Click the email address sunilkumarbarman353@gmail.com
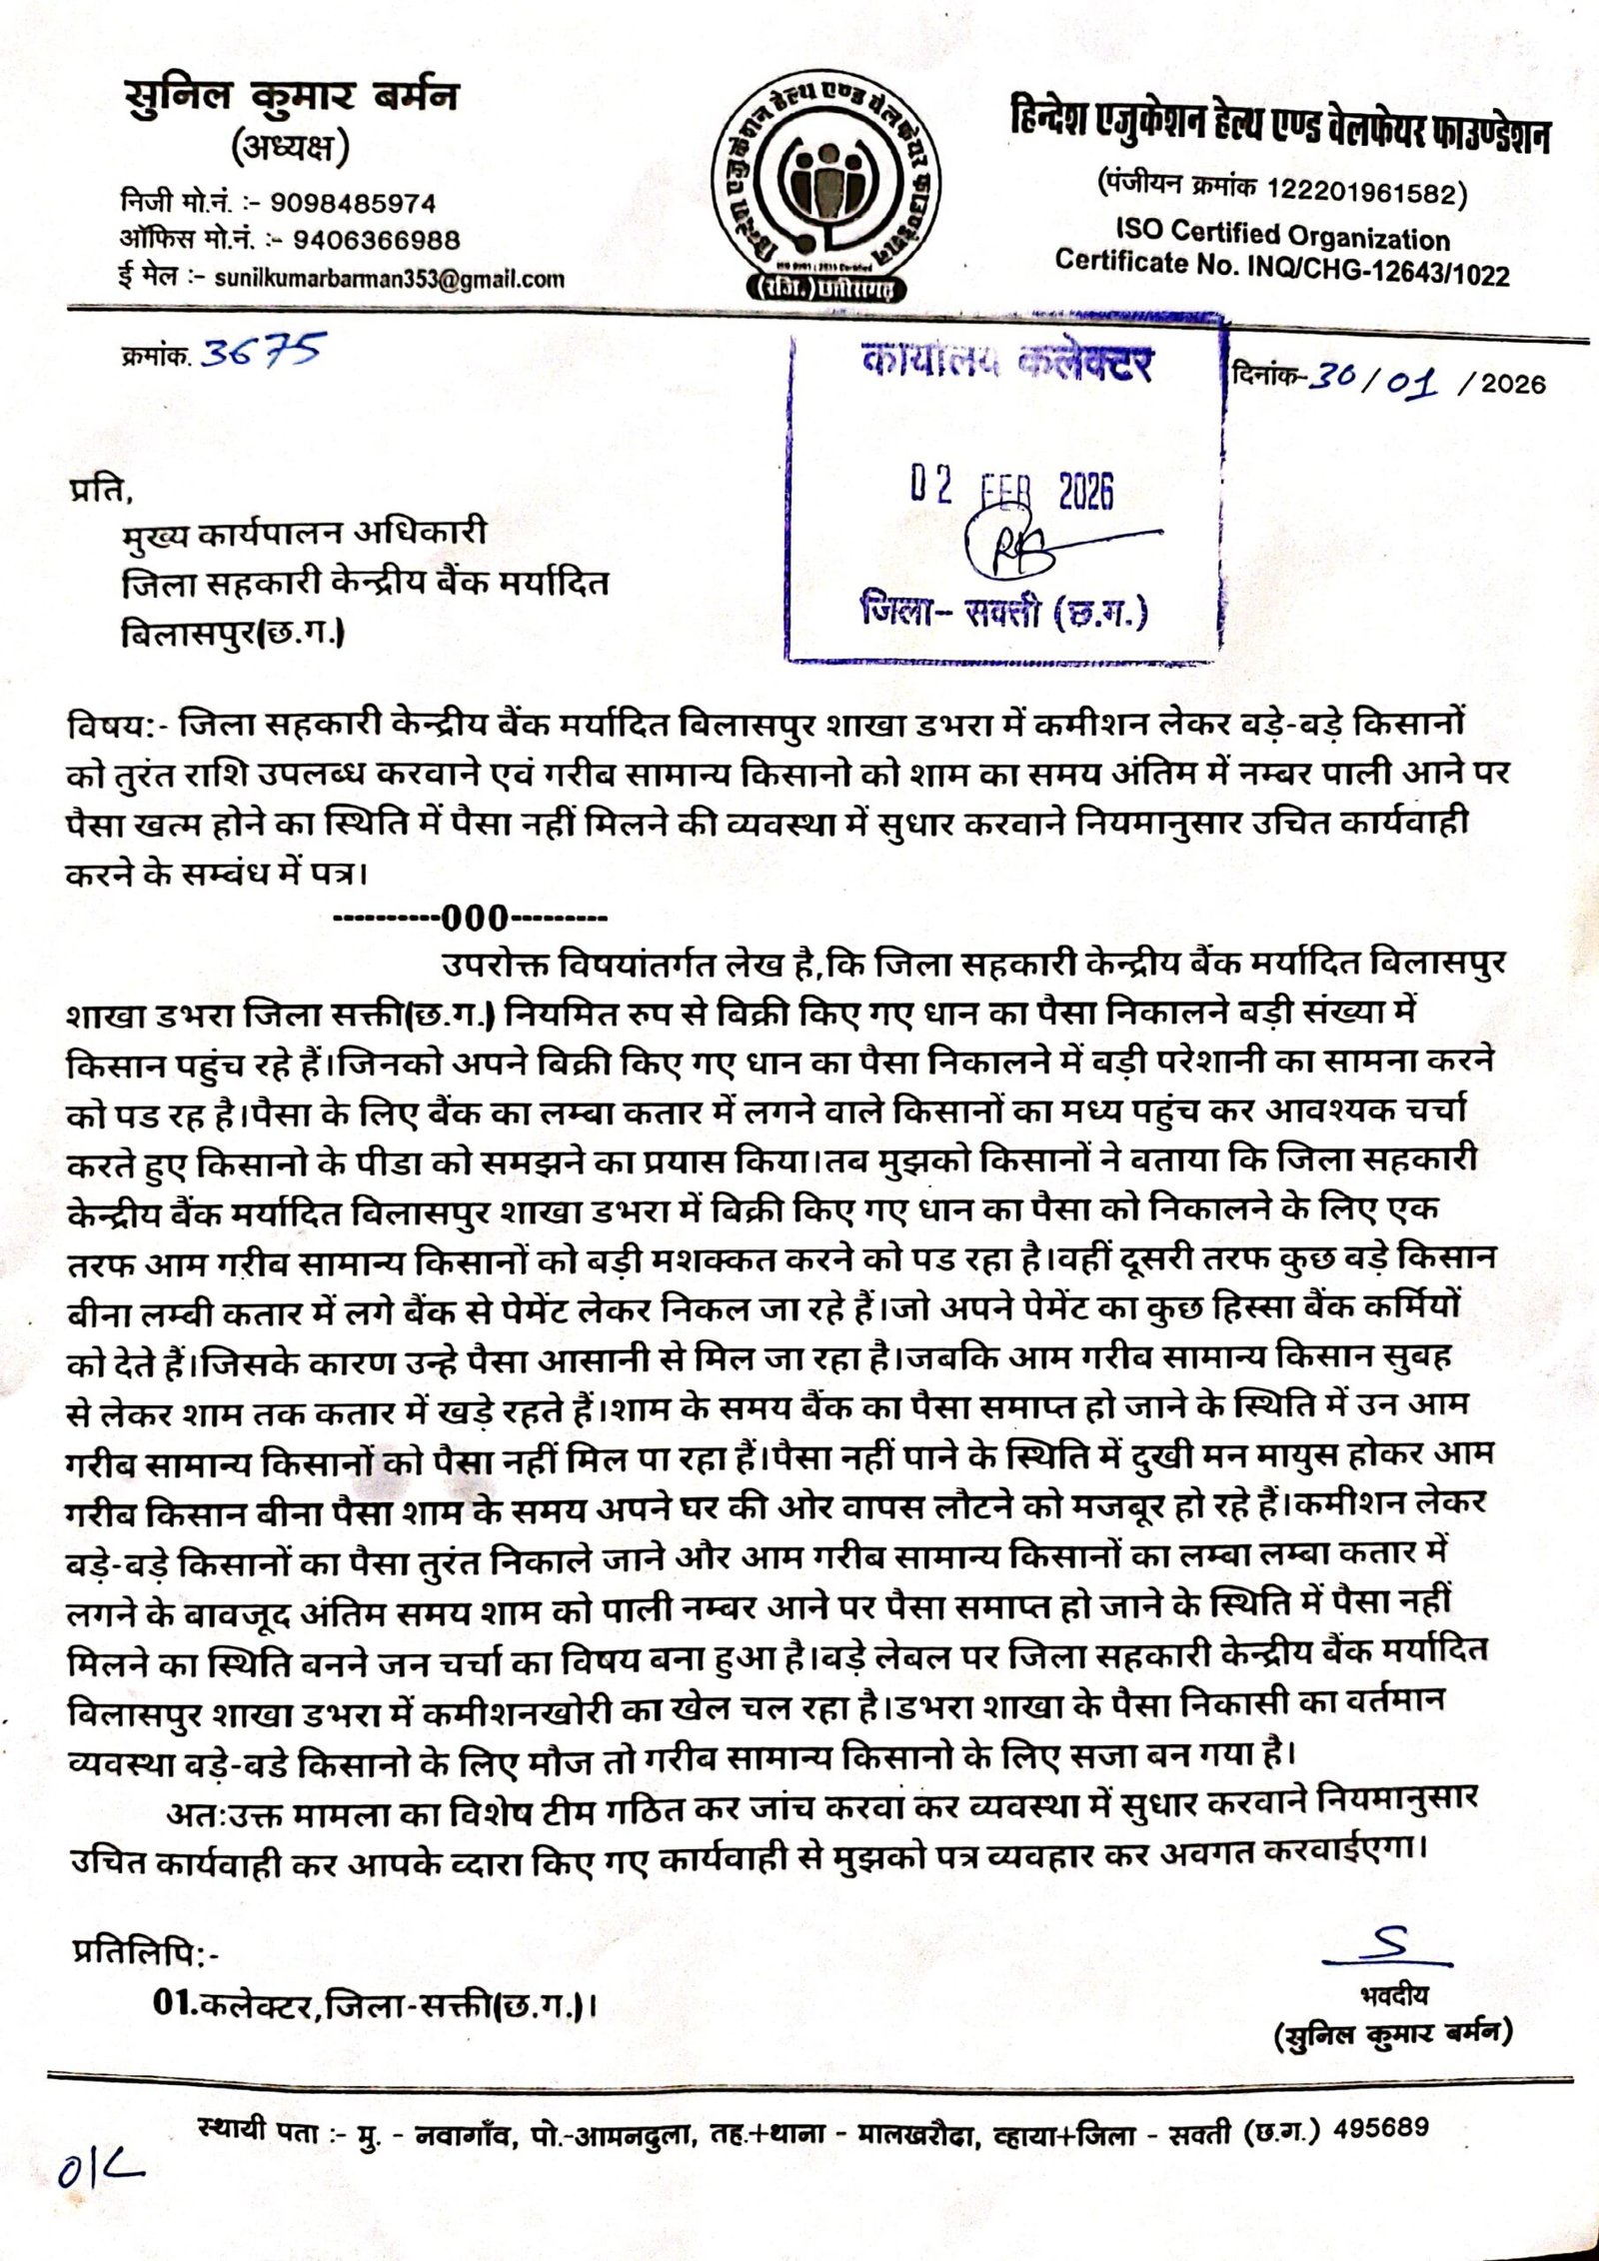[x=389, y=280]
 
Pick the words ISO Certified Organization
[x=1282, y=235]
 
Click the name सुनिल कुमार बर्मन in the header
[x=291, y=98]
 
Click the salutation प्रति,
[x=100, y=491]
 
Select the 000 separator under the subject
[x=476, y=917]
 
